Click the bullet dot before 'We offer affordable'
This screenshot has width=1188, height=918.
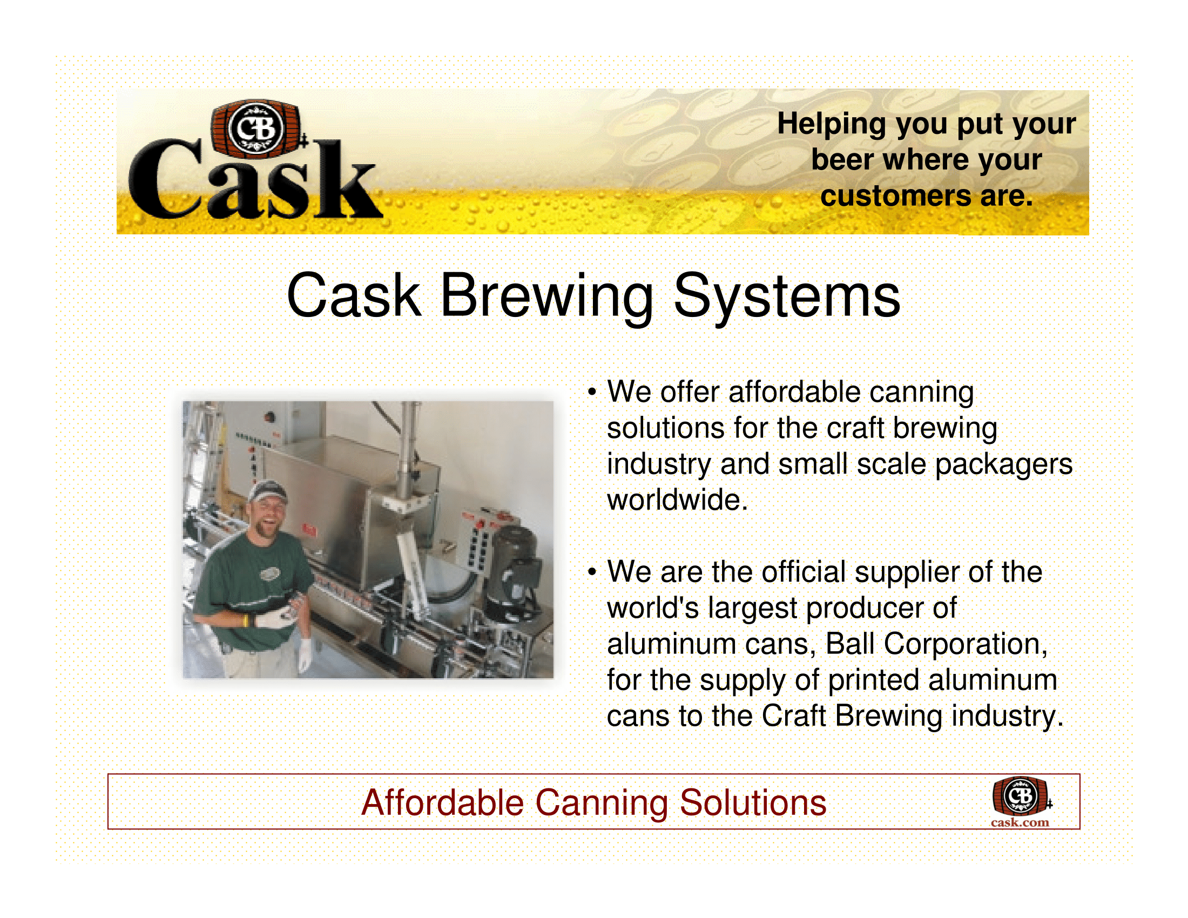592,393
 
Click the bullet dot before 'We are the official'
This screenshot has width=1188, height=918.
592,572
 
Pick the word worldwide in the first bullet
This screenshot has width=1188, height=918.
677,500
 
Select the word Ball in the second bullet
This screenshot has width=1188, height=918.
849,644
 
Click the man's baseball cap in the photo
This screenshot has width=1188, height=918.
268,490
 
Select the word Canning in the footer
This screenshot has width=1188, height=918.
602,804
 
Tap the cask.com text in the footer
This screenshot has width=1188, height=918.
1020,822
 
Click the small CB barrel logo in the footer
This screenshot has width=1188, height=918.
1021,796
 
